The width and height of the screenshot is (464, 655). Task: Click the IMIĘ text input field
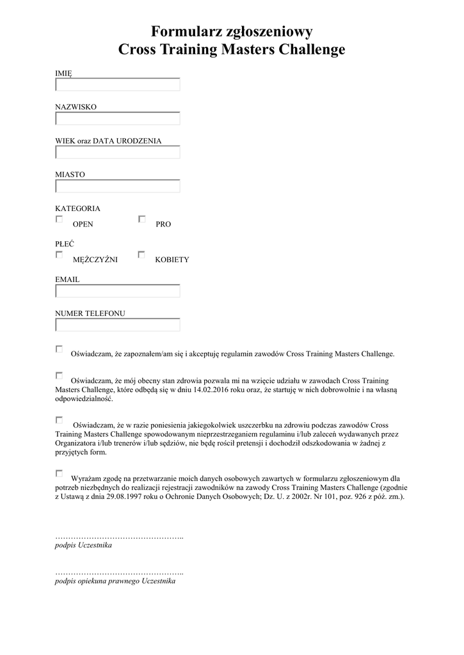pos(118,84)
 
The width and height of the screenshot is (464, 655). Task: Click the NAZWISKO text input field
pos(118,118)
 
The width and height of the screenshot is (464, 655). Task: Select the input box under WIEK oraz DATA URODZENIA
pos(118,152)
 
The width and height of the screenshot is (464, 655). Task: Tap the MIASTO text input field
pos(118,186)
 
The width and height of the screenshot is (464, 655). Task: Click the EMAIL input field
pos(118,291)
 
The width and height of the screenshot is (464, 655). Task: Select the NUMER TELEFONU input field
pos(118,325)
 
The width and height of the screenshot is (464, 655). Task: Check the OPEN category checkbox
pos(59,219)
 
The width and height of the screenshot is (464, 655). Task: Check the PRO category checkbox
pos(142,219)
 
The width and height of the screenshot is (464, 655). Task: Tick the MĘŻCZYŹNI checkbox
pos(59,255)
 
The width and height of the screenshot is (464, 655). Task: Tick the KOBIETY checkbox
pos(142,255)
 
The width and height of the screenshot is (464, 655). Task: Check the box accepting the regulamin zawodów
pos(59,349)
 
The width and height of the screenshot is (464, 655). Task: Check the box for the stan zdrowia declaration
pos(59,375)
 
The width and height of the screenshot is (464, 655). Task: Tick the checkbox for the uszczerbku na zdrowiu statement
pos(59,420)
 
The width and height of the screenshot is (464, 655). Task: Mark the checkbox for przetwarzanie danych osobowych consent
pos(59,473)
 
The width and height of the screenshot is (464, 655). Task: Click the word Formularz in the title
pos(184,31)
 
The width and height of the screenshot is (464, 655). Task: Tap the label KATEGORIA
pos(77,209)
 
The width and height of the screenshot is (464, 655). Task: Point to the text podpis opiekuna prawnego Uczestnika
pos(115,582)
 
